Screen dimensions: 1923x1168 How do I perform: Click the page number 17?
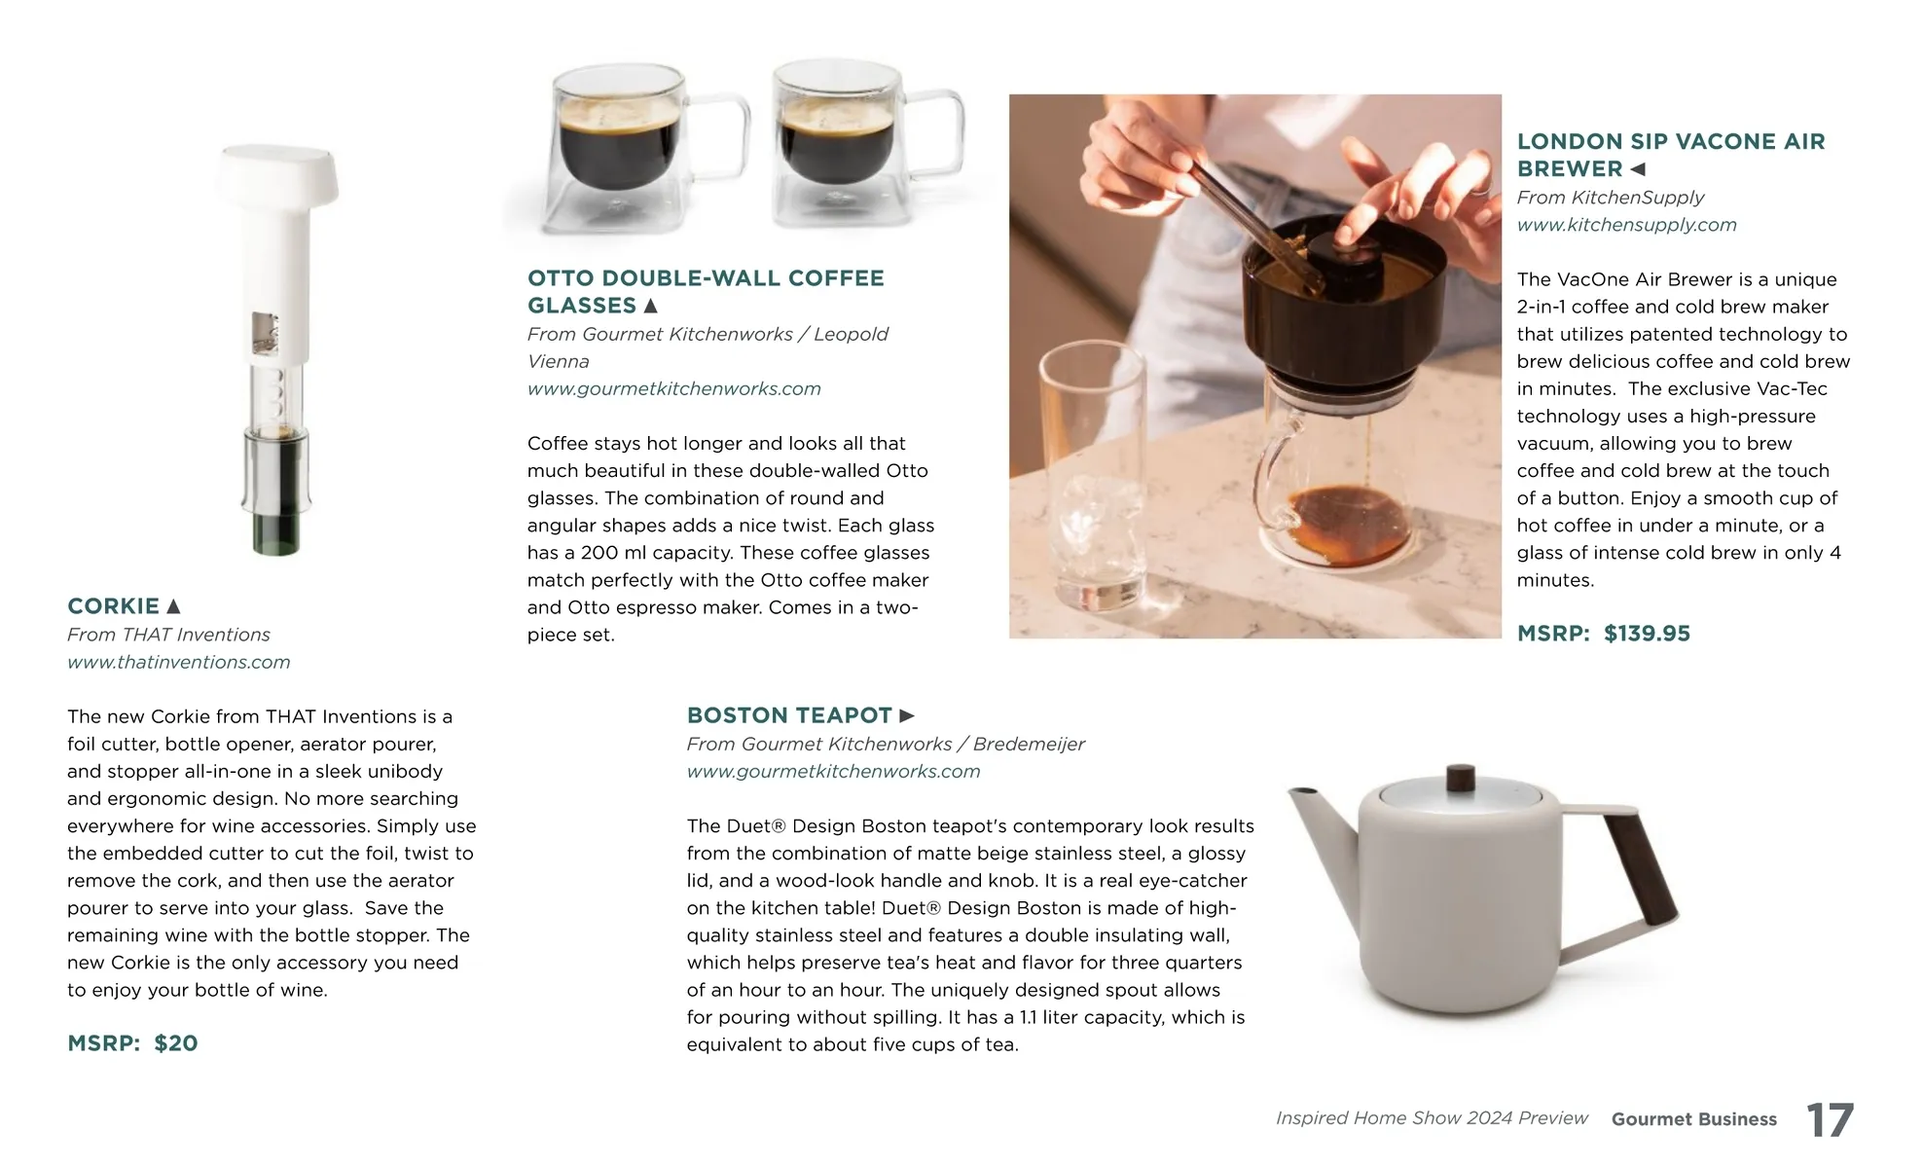click(1830, 1119)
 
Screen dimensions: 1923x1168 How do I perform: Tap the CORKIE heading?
click(113, 606)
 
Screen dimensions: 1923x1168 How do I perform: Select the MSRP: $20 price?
click(132, 1043)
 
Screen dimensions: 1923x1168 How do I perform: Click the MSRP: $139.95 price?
click(1604, 634)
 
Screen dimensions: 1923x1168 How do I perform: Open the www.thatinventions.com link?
click(179, 662)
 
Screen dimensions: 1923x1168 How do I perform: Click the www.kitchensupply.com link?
click(1627, 225)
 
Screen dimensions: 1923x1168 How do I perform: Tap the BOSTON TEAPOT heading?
click(789, 715)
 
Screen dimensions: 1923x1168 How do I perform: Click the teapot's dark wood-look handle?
click(1641, 868)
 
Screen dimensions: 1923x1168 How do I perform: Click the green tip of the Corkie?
click(277, 534)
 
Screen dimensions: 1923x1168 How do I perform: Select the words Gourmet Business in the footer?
click(1694, 1119)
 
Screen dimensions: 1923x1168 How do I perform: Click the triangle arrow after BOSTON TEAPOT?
click(907, 715)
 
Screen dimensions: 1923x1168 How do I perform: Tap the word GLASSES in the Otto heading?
click(582, 306)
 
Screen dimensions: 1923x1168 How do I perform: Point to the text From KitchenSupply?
click(1611, 198)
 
